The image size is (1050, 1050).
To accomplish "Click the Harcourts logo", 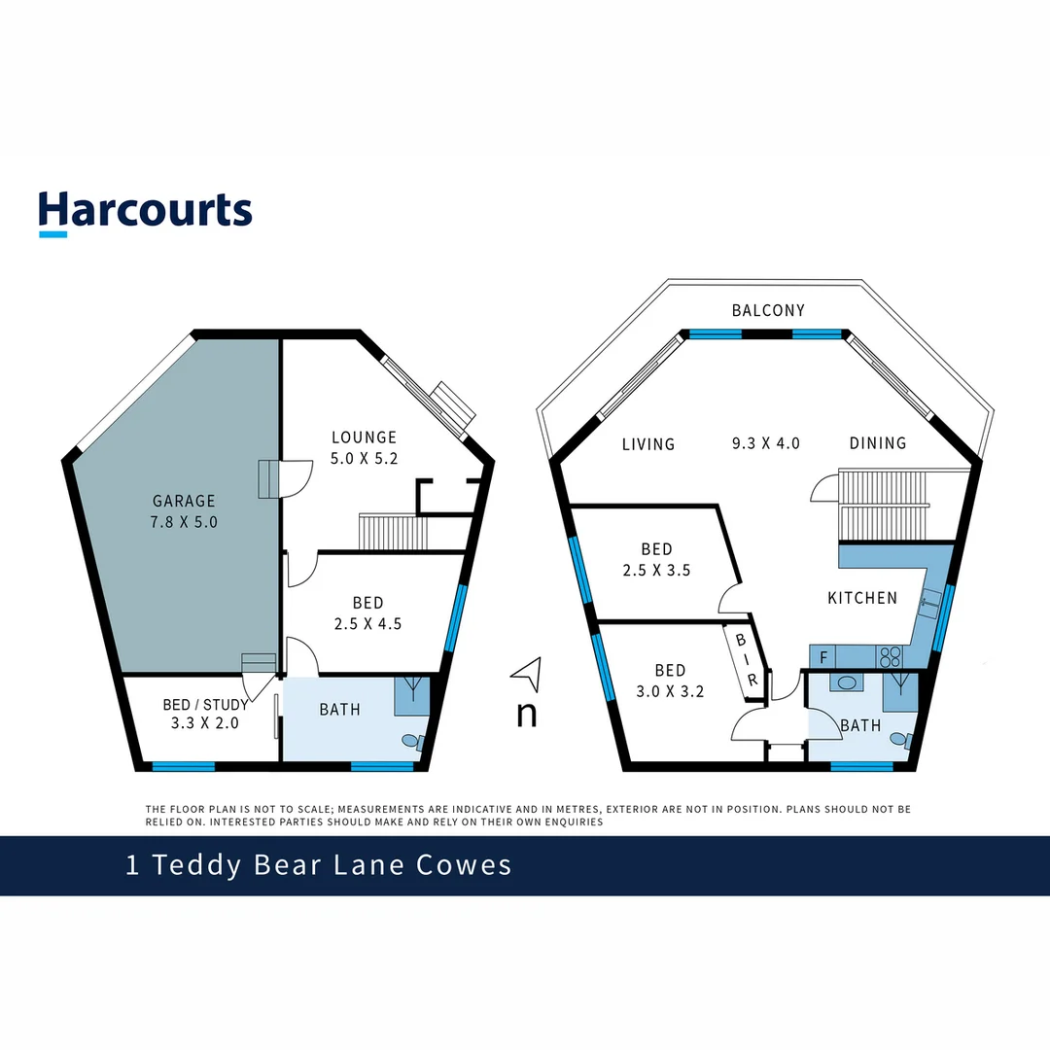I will (146, 211).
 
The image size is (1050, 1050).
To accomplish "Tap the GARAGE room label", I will (184, 501).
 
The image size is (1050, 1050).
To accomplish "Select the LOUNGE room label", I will (364, 437).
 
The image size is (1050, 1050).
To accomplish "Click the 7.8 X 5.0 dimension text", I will (184, 521).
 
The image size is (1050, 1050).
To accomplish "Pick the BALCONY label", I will (768, 310).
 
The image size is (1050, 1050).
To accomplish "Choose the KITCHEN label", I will (862, 598).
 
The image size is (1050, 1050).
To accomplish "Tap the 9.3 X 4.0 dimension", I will (766, 443).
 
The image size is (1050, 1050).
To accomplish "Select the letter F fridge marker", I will (823, 657).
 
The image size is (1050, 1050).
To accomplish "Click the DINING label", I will (878, 443).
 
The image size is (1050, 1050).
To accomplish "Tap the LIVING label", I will (648, 444).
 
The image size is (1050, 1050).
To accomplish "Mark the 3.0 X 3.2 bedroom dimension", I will (670, 692).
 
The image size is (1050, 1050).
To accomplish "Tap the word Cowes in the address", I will (463, 864).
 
